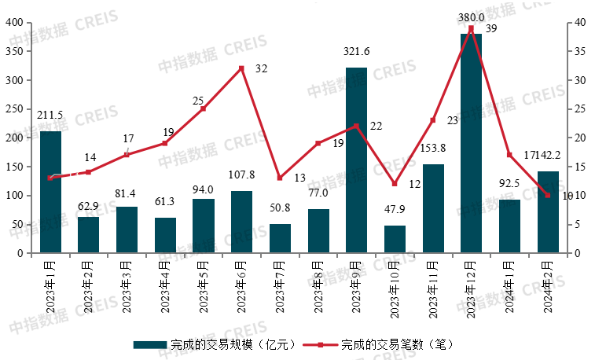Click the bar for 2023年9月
(x=356, y=160)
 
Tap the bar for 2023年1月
(x=50, y=193)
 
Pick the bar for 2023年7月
(x=280, y=239)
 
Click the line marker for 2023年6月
(x=241, y=68)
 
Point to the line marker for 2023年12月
(x=471, y=28)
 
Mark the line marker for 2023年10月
(x=395, y=184)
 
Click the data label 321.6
(x=356, y=52)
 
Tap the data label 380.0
(x=471, y=16)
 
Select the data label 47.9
(x=395, y=211)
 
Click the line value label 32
(x=261, y=69)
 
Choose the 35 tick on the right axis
(x=578, y=52)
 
